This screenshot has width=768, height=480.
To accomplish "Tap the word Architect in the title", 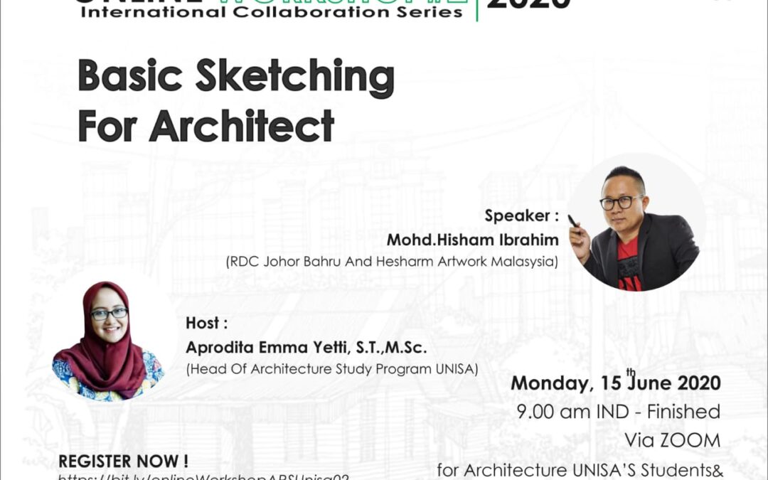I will [242, 126].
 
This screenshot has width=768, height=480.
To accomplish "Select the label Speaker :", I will [521, 215].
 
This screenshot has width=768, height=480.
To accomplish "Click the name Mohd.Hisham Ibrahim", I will [472, 240].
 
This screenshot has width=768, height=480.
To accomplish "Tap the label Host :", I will [207, 323].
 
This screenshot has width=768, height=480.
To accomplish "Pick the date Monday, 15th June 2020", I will [616, 383].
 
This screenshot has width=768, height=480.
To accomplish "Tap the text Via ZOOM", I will [672, 440].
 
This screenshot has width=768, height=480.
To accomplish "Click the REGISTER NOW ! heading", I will [123, 461].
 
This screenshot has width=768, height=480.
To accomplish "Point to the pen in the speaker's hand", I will [573, 222].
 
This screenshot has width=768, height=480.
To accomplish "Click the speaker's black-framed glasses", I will [621, 203].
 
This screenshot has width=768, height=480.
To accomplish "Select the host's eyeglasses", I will [109, 314].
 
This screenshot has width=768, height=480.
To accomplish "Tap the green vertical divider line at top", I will [476, 10].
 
